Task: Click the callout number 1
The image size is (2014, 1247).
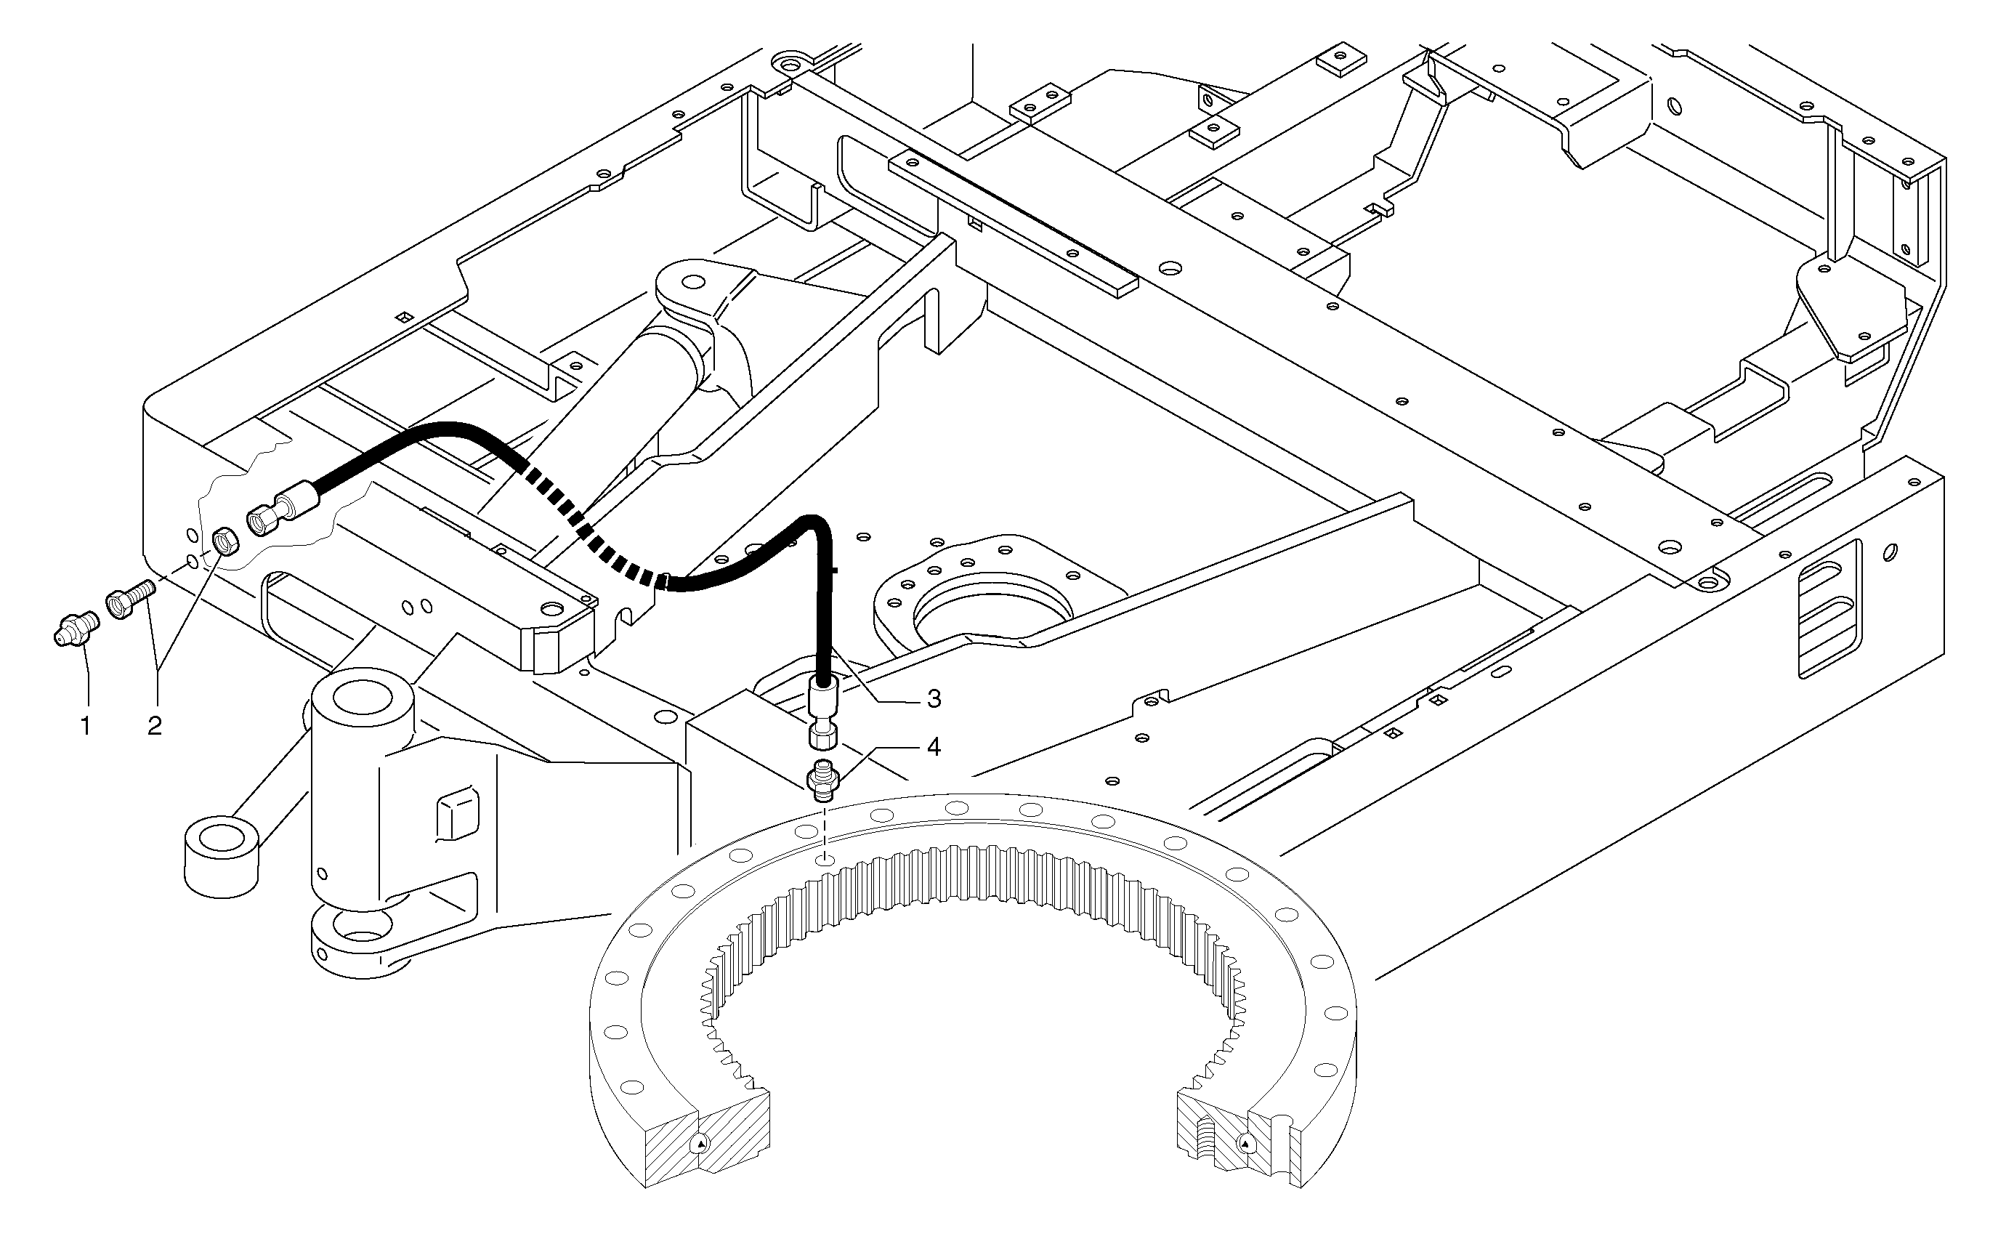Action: [x=86, y=726]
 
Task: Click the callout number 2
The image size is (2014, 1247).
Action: [x=154, y=726]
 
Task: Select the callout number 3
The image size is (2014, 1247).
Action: [x=933, y=699]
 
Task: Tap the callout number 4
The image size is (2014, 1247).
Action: [x=933, y=747]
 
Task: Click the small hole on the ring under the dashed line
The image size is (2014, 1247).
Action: [x=825, y=861]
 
